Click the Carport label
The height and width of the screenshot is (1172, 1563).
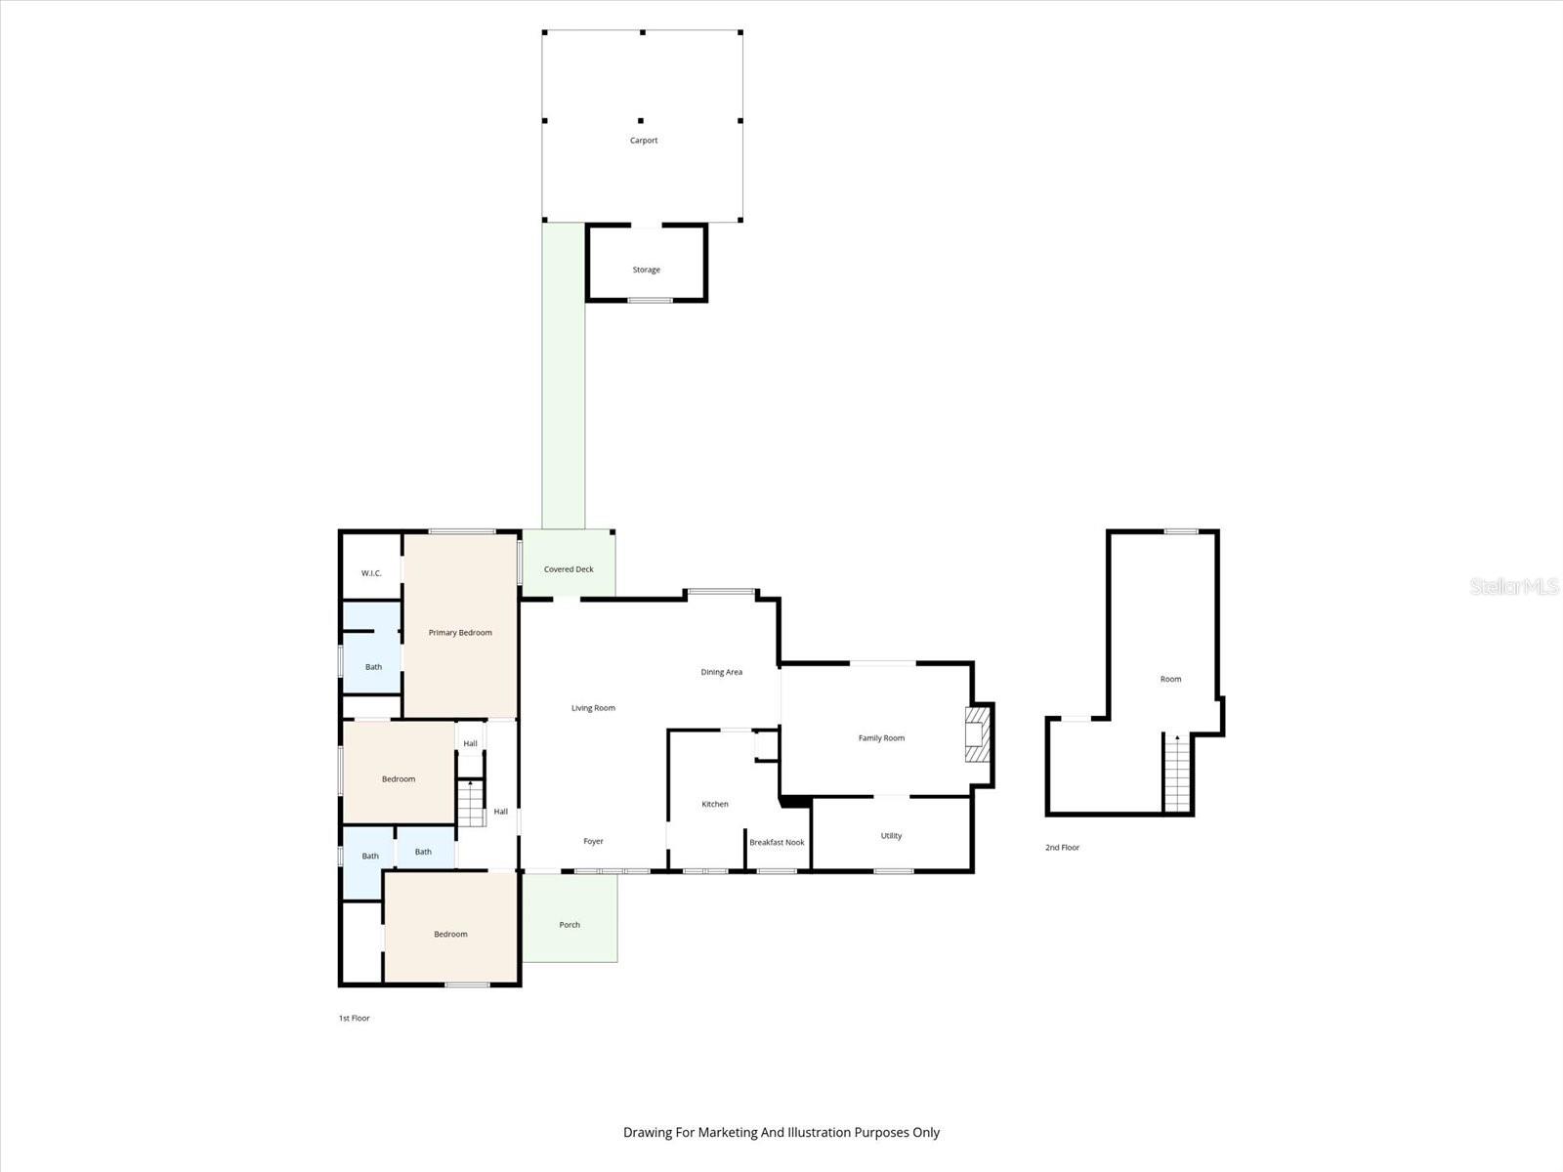click(644, 141)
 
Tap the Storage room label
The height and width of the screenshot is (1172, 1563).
click(646, 270)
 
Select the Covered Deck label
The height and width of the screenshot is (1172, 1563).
click(569, 569)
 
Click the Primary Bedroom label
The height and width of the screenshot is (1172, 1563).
click(460, 633)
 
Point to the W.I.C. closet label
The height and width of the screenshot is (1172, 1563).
click(371, 573)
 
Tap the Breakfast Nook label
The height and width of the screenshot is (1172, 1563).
click(777, 842)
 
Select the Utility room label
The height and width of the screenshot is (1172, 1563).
click(891, 836)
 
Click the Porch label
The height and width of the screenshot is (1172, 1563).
click(570, 925)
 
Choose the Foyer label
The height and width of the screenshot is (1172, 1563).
click(593, 841)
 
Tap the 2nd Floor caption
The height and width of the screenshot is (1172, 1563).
click(1062, 848)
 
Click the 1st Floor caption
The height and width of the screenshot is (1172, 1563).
click(354, 1019)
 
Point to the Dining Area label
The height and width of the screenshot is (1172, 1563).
click(721, 672)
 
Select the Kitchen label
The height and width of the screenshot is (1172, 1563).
click(715, 804)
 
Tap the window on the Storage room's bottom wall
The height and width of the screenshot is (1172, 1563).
click(650, 300)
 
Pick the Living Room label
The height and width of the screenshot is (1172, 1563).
click(593, 708)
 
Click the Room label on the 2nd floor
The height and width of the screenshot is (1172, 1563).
click(1170, 679)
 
